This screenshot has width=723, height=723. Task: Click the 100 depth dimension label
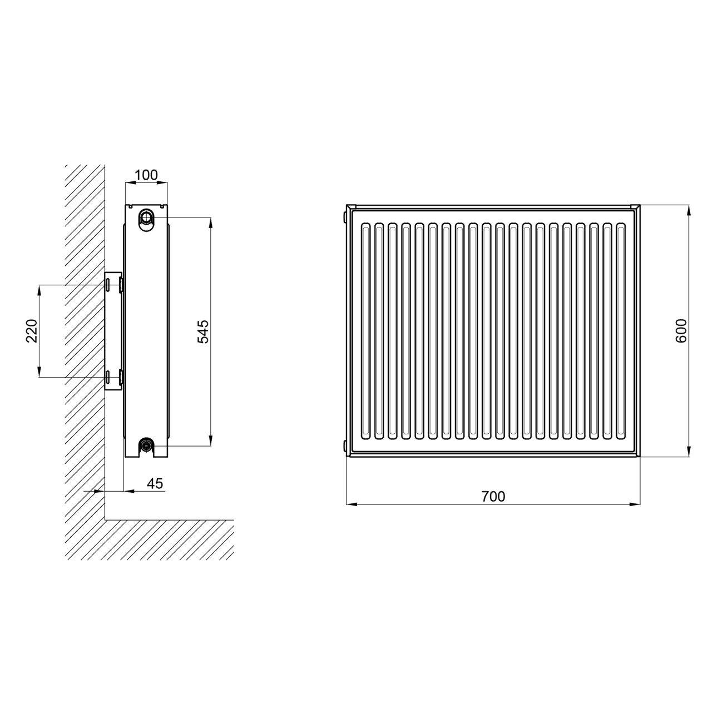pyautogui.click(x=146, y=175)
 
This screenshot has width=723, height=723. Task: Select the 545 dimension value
pyautogui.click(x=204, y=331)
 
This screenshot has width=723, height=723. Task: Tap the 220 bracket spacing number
pyautogui.click(x=32, y=330)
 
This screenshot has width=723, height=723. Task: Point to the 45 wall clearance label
pyautogui.click(x=155, y=484)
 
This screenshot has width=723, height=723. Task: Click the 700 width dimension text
pyautogui.click(x=493, y=497)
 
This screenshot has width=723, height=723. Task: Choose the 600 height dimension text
pyautogui.click(x=681, y=330)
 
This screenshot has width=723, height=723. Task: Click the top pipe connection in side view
pyautogui.click(x=146, y=217)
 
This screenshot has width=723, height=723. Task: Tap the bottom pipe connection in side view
pyautogui.click(x=146, y=445)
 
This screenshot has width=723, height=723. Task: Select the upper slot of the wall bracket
pyautogui.click(x=108, y=284)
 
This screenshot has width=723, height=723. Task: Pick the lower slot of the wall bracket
pyautogui.click(x=108, y=377)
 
